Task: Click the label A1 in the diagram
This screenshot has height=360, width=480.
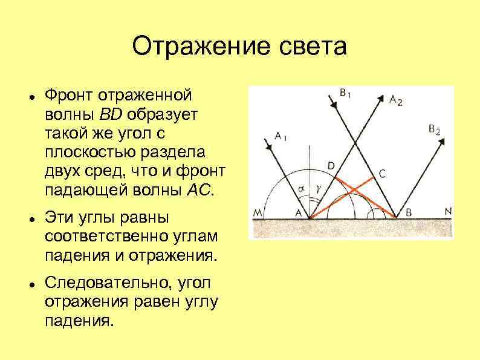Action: pyautogui.click(x=281, y=136)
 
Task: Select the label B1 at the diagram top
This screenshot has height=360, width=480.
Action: pyautogui.click(x=346, y=93)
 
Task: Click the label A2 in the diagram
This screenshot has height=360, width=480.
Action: pyautogui.click(x=396, y=100)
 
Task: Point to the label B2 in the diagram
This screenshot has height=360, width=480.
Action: pyautogui.click(x=434, y=129)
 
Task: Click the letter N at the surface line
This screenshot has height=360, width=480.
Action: pyautogui.click(x=447, y=211)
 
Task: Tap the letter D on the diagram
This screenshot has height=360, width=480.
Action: pyautogui.click(x=330, y=165)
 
